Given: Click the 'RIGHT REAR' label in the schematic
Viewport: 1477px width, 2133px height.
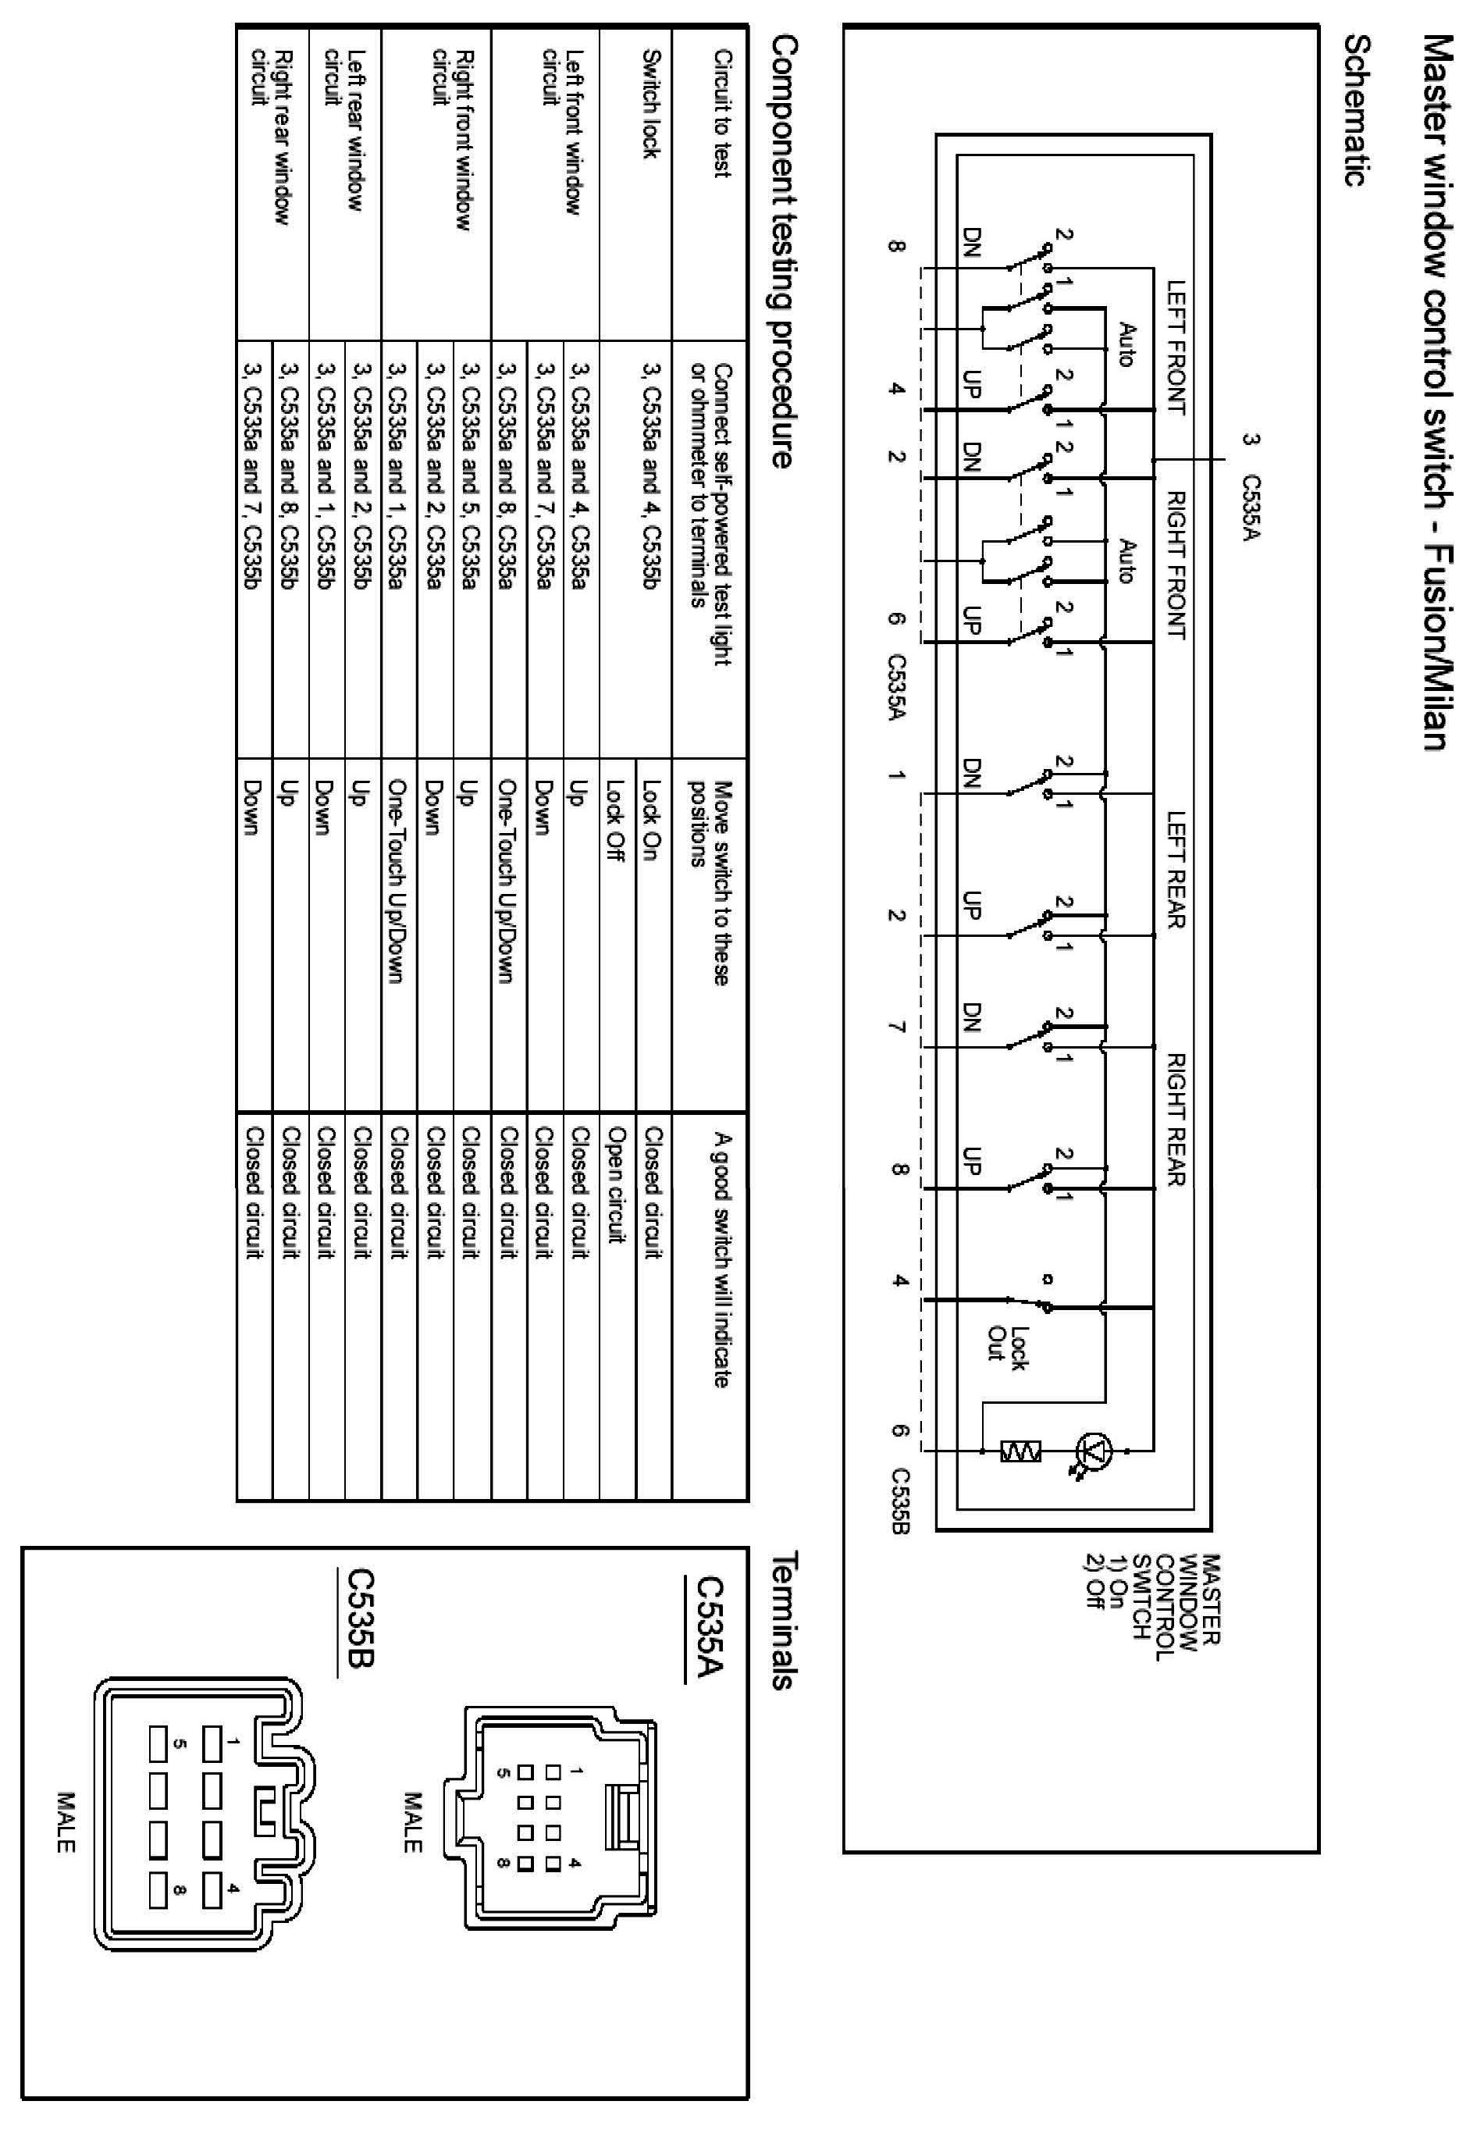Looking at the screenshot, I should coord(1176,1120).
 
